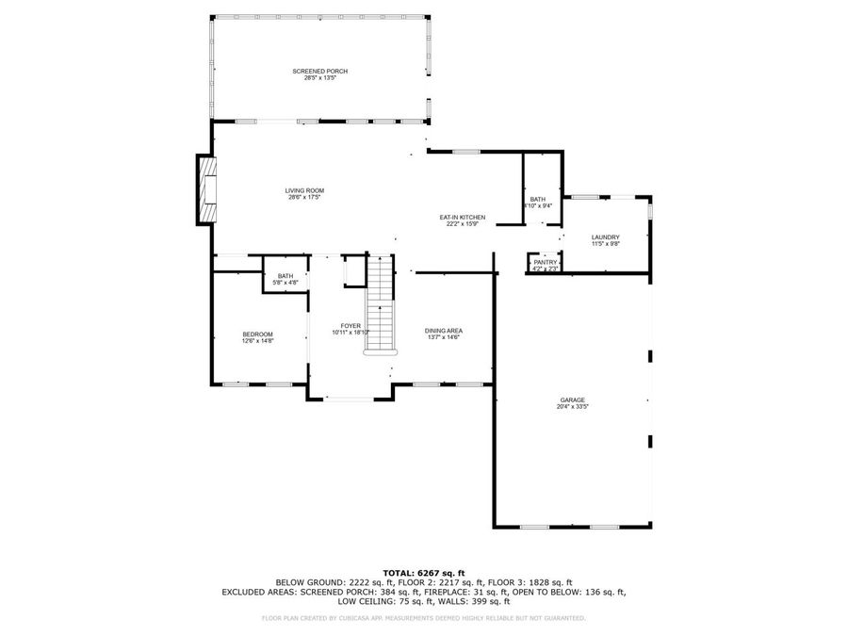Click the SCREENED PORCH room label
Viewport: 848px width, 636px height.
pyautogui.click(x=319, y=72)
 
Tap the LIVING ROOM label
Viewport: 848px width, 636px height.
pyautogui.click(x=304, y=191)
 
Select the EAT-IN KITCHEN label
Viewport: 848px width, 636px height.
pyautogui.click(x=462, y=218)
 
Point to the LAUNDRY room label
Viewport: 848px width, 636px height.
pyautogui.click(x=605, y=236)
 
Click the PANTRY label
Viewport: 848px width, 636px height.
pyautogui.click(x=546, y=262)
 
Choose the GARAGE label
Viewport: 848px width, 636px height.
pyautogui.click(x=572, y=400)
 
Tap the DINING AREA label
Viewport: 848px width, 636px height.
pyautogui.click(x=443, y=331)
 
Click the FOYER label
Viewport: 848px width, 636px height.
pyautogui.click(x=351, y=326)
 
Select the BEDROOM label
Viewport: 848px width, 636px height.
pyautogui.click(x=257, y=334)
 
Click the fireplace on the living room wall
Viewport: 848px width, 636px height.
pyautogui.click(x=206, y=189)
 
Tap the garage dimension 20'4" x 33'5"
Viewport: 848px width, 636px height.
pyautogui.click(x=572, y=408)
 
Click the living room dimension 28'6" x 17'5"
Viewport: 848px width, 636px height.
pyautogui.click(x=304, y=198)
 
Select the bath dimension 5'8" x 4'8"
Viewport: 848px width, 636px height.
pyautogui.click(x=285, y=282)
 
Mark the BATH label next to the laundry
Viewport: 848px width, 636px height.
pyautogui.click(x=537, y=199)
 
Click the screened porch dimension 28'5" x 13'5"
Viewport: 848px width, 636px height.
pyautogui.click(x=319, y=78)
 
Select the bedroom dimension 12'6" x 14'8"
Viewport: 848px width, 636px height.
pyautogui.click(x=257, y=341)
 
